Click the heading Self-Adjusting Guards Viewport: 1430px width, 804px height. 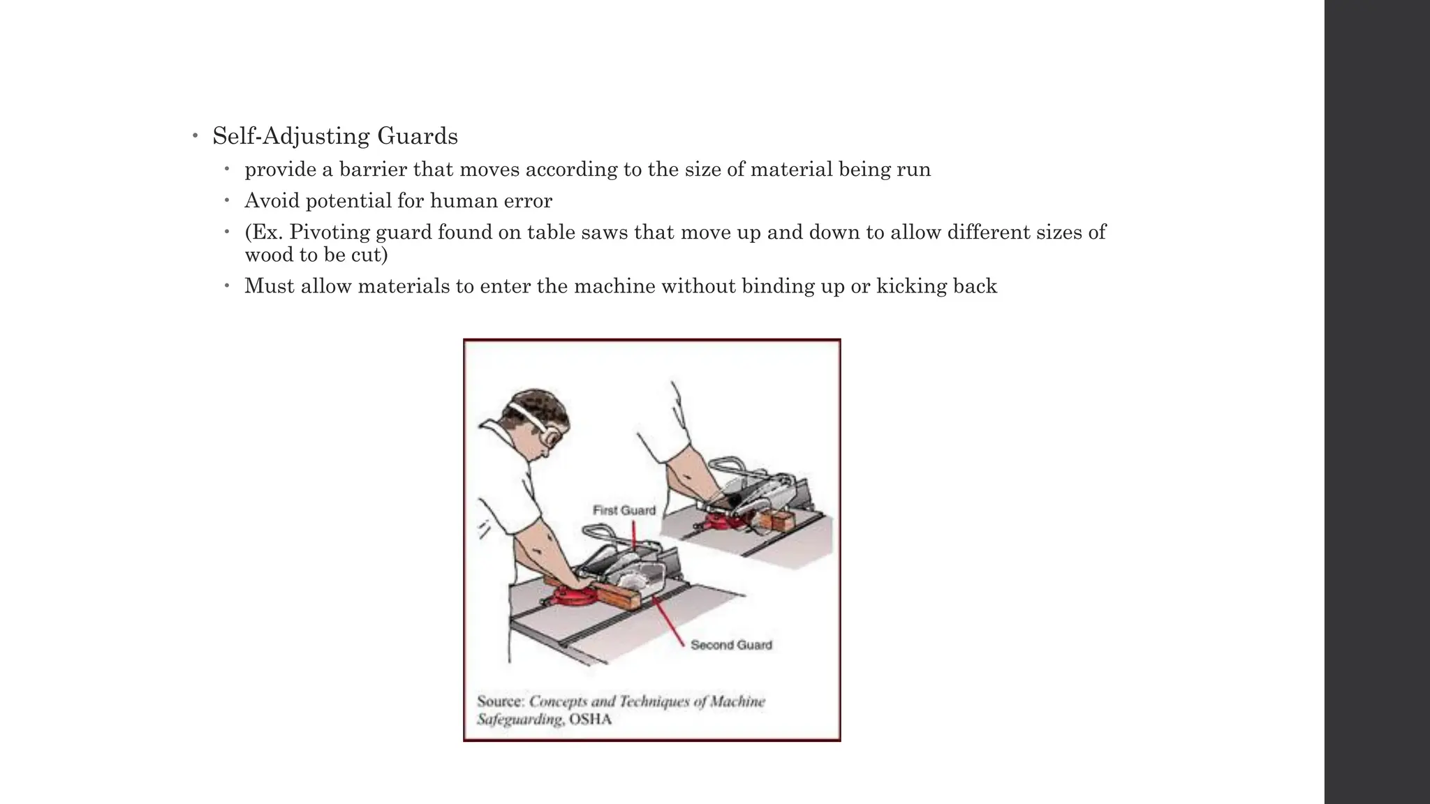335,136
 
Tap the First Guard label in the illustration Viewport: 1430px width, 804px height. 624,511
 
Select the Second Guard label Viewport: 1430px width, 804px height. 731,646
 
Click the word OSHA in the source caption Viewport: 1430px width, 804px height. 591,720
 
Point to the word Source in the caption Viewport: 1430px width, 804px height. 499,701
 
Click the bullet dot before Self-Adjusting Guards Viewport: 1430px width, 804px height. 196,135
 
